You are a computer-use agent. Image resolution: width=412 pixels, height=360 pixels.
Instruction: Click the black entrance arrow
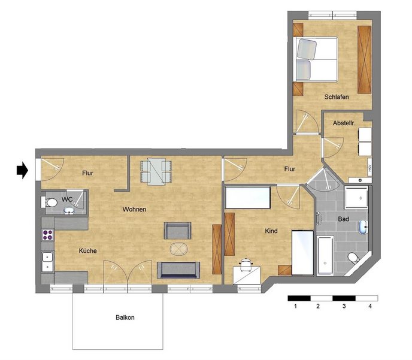22,170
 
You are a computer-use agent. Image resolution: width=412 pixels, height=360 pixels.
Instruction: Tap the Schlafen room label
337,97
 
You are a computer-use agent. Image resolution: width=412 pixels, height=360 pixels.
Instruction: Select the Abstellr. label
344,123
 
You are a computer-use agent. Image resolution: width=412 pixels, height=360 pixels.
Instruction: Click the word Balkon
125,317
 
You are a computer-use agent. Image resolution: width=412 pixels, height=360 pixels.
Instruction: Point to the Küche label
88,251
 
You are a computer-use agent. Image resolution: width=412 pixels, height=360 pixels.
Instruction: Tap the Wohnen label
134,210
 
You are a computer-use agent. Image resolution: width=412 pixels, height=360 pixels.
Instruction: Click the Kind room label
271,231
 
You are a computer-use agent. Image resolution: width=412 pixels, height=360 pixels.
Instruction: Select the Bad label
343,219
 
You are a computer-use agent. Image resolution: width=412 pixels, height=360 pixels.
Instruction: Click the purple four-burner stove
47,235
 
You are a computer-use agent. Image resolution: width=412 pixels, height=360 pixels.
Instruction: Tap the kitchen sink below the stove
47,261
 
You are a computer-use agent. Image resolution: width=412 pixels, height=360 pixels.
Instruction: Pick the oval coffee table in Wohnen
179,249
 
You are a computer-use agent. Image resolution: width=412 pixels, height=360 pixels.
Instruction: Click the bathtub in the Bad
325,255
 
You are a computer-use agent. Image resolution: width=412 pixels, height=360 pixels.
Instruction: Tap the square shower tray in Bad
356,197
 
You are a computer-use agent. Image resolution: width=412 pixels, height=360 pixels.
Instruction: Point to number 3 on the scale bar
344,306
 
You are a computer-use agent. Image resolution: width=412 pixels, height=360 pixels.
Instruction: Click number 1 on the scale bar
296,306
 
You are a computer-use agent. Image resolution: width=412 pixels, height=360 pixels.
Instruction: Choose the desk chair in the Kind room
246,264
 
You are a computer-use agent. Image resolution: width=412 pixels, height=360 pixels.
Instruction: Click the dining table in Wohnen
157,171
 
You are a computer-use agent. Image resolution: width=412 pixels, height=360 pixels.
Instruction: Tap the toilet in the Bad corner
354,258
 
